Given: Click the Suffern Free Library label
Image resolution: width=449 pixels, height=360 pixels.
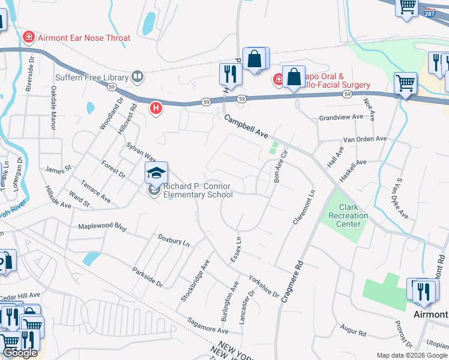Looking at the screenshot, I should tap(92, 77).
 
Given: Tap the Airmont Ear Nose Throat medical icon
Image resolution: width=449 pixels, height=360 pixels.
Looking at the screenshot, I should tap(28, 38).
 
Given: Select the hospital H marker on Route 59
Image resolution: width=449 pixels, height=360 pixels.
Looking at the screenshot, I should tap(156, 109).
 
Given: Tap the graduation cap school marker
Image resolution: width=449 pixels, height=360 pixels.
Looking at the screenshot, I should tap(156, 173).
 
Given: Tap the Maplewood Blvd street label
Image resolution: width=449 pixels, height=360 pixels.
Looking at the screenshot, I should tap(103, 227).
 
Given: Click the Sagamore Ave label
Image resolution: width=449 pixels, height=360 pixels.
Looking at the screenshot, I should tap(207, 326).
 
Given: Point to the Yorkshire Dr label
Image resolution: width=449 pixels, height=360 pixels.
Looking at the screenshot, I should tap(264, 286).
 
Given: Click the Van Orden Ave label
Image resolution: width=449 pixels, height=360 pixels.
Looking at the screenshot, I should tap(365, 139).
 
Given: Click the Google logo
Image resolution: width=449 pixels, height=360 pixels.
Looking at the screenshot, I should tap(20, 353).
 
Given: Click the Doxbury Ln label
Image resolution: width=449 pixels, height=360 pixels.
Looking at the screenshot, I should tap(173, 241).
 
